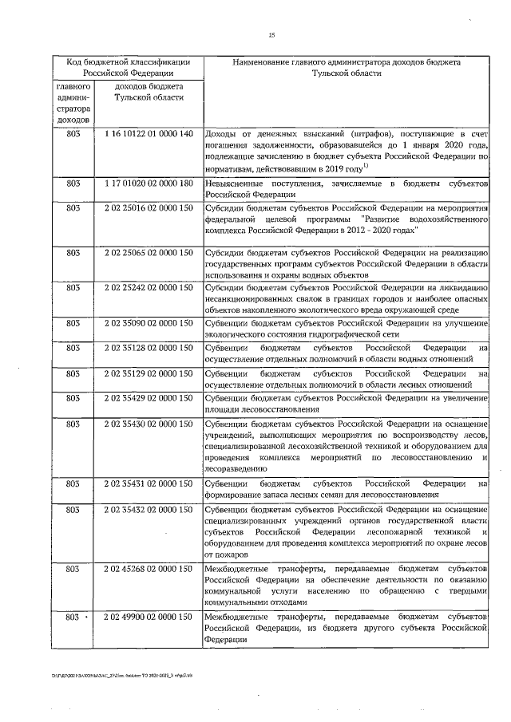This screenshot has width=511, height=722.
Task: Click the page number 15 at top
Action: pos(271,34)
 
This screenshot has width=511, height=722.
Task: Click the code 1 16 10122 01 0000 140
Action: pos(149,133)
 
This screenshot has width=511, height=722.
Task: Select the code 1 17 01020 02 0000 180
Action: pos(149,183)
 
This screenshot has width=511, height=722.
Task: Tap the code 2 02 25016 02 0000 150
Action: pos(149,207)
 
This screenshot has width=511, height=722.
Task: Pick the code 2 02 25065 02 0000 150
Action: pos(149,253)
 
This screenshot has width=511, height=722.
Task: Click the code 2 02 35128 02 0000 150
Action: pos(149,348)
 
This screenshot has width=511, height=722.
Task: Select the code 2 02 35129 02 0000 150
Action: pos(149,373)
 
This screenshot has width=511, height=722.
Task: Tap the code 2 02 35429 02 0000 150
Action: pos(149,397)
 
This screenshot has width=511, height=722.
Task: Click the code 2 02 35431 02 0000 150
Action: pos(149,483)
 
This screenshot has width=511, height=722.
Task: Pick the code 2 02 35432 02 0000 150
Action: pos(149,508)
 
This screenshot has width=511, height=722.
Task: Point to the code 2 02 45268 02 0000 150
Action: pos(149,569)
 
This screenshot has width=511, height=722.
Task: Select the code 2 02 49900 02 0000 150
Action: pos(149,617)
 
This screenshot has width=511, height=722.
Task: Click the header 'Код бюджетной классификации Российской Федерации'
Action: pos(128,66)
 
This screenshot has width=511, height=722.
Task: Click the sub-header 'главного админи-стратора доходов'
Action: pos(73,102)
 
